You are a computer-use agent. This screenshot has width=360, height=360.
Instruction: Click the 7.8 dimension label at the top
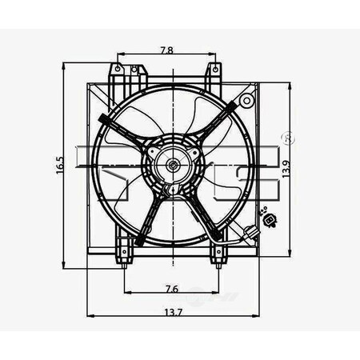(x=166, y=50)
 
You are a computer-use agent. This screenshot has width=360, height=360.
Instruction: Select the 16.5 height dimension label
(x=60, y=166)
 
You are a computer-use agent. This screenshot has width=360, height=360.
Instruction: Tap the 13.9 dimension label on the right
(x=286, y=169)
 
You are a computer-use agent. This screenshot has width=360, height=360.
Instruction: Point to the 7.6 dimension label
(x=172, y=289)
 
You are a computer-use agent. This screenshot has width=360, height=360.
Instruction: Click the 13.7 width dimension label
(x=173, y=312)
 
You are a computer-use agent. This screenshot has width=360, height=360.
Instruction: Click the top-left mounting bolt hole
(x=118, y=69)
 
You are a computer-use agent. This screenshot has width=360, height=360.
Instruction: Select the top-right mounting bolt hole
(x=215, y=70)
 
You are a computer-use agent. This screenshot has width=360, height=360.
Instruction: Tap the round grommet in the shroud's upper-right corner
(x=247, y=101)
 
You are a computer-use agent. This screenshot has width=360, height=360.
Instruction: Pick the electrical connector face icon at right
(x=269, y=220)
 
